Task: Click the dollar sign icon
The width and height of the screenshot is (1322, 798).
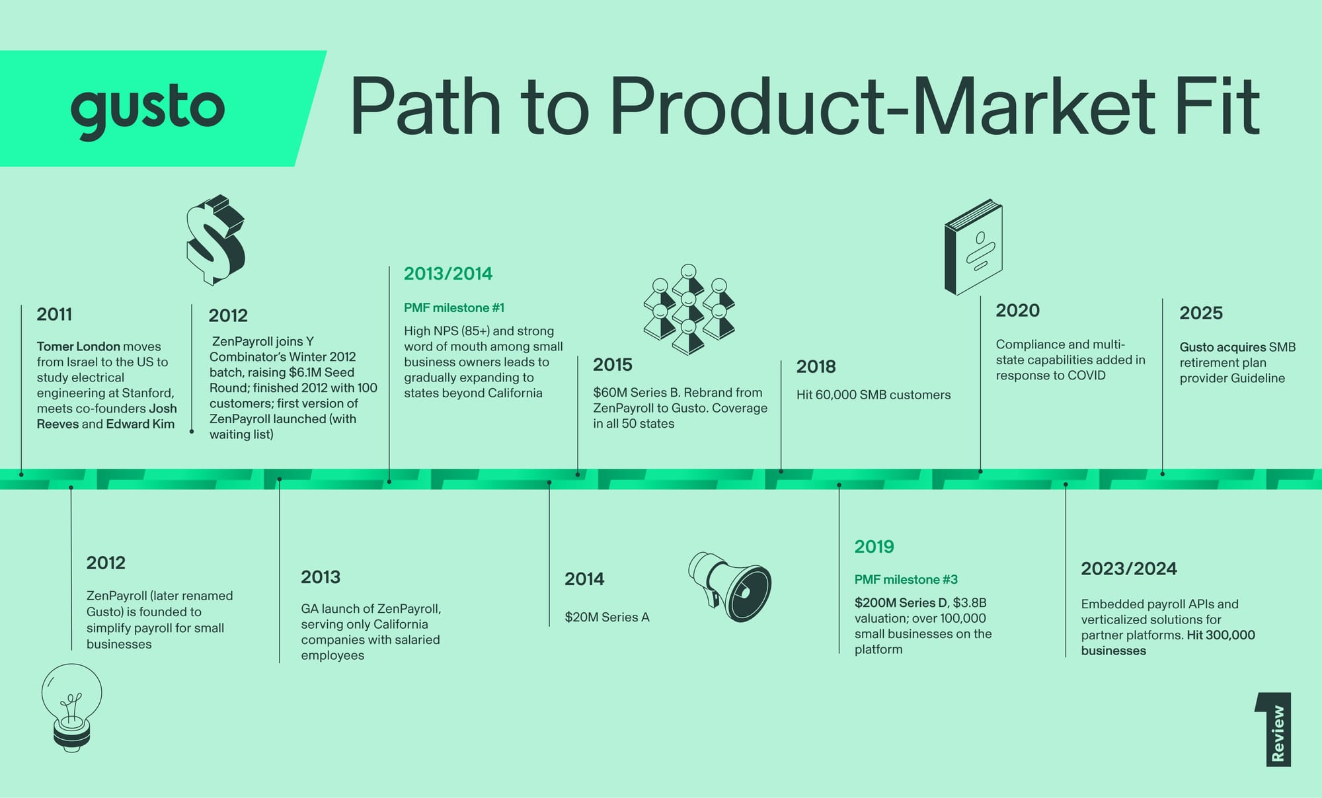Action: tap(215, 239)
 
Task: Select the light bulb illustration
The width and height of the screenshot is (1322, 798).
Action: tap(71, 708)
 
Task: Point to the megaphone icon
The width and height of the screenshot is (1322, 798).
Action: tap(730, 586)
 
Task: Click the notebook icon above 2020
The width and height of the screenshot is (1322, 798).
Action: tap(973, 247)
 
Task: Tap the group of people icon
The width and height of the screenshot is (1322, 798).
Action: tap(688, 309)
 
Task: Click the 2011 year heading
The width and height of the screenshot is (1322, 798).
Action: tap(54, 314)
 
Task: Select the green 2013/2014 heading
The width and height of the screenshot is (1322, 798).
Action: tap(448, 274)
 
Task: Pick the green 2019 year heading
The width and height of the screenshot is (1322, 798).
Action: tap(874, 547)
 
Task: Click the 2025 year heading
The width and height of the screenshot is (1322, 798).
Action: tap(1201, 313)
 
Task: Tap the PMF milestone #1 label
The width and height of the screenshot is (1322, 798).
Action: tap(454, 307)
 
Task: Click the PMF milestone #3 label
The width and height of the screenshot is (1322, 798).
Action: tap(906, 580)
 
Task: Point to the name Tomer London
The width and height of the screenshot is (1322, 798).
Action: tap(79, 346)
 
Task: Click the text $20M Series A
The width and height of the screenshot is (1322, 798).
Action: tap(607, 617)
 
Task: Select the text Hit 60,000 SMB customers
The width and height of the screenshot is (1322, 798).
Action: tap(873, 395)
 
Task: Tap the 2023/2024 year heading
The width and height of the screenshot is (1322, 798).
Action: tap(1129, 569)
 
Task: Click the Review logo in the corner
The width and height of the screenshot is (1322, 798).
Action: tap(1274, 729)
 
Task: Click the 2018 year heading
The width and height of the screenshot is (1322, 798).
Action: tap(816, 366)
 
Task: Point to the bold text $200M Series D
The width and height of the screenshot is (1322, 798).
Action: tap(902, 603)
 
